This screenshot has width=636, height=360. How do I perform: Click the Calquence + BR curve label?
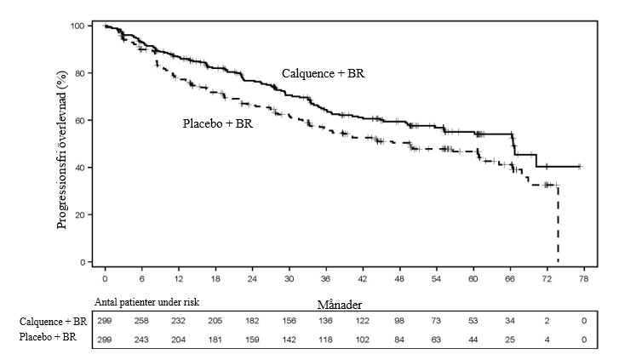(324, 74)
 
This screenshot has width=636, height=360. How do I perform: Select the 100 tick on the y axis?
(76, 26)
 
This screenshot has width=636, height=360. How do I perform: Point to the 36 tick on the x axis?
(327, 279)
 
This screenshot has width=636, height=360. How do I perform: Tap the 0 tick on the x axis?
(105, 279)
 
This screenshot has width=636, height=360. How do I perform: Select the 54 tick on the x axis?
(438, 279)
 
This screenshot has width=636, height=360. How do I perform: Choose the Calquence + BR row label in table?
(53, 322)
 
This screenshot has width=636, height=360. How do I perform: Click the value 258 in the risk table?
(142, 322)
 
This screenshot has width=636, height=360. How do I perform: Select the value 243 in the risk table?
(142, 340)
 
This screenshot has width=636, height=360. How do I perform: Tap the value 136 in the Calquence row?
(327, 322)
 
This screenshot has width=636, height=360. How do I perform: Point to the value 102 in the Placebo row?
(364, 340)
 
